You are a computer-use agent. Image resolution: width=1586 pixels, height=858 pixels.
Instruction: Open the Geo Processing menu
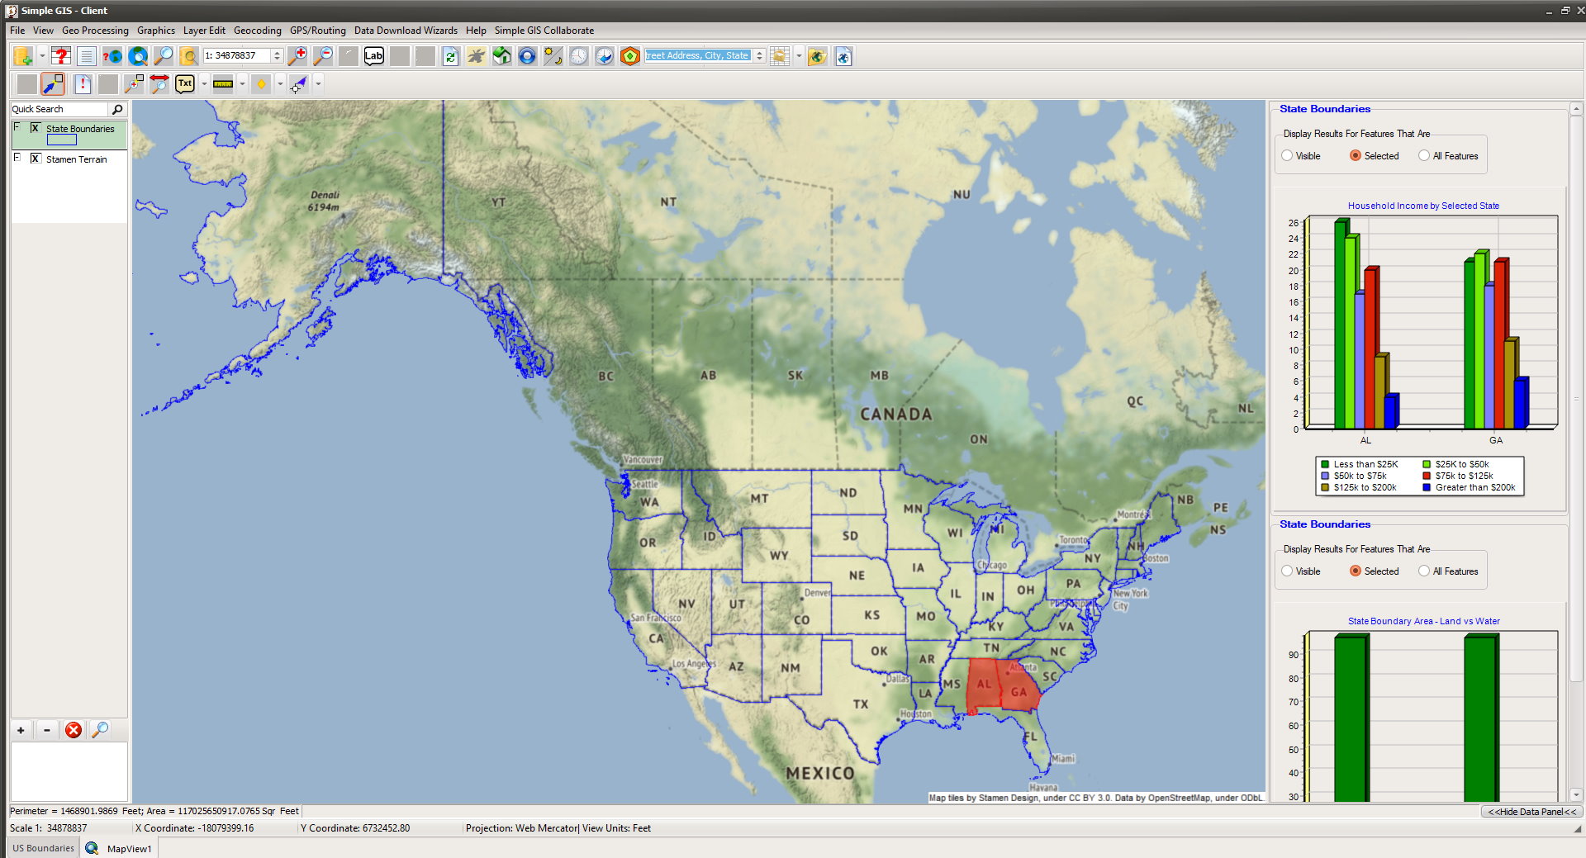click(95, 31)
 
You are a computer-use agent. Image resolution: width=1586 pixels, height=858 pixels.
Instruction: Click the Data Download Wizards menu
click(406, 31)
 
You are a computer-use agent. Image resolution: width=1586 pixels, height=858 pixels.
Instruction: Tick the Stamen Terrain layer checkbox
click(36, 159)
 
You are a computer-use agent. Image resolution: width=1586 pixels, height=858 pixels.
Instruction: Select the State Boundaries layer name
click(80, 129)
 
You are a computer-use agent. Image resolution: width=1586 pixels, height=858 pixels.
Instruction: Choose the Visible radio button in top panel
click(1287, 155)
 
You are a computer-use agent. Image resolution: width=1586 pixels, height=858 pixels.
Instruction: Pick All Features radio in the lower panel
click(1424, 571)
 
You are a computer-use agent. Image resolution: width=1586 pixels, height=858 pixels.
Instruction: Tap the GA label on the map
click(1019, 692)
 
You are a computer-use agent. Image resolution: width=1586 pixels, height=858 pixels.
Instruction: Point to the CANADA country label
click(895, 414)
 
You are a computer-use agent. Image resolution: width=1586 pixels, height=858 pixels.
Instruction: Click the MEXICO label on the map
click(819, 773)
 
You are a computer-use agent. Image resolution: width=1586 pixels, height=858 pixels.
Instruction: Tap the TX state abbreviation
click(861, 704)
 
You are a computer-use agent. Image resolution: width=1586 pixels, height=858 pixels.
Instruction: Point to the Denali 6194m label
click(324, 201)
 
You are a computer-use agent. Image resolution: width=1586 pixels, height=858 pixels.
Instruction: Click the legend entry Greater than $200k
click(1474, 487)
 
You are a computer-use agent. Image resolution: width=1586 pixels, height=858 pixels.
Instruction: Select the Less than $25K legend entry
click(1365, 464)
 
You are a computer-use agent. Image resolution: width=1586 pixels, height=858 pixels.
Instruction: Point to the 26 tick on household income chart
click(1293, 223)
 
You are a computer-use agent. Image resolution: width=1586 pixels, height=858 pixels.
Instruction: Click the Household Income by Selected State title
click(1423, 206)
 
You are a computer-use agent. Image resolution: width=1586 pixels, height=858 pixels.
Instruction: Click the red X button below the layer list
click(74, 730)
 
